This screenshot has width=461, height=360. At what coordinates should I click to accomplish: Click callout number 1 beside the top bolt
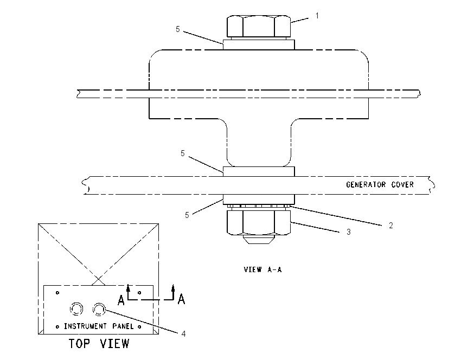click(317, 16)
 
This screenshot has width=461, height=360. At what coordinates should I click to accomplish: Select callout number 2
click(390, 226)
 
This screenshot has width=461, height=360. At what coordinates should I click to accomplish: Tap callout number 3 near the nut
click(349, 232)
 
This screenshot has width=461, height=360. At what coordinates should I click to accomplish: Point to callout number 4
click(183, 333)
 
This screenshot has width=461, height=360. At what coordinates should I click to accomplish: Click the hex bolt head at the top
click(259, 27)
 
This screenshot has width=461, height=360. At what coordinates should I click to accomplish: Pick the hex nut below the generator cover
click(259, 222)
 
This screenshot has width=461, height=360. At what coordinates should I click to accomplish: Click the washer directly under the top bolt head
click(259, 44)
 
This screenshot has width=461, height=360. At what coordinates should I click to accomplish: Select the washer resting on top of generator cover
click(259, 171)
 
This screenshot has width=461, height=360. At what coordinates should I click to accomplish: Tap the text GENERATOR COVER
click(380, 184)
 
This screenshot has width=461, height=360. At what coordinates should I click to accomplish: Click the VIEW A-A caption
click(262, 269)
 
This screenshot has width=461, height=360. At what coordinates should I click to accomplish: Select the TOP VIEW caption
click(99, 344)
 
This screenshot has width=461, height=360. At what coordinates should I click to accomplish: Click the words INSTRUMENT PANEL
click(99, 326)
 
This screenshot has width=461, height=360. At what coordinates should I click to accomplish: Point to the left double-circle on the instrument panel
click(76, 309)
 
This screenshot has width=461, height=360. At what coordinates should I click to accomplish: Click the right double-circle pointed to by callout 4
click(99, 309)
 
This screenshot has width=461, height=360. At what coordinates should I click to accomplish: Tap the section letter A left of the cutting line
click(121, 300)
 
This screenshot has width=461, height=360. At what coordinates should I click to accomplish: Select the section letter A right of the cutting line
click(181, 299)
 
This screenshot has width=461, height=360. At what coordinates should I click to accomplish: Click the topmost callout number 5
click(177, 29)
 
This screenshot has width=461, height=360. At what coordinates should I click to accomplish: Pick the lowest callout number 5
click(187, 215)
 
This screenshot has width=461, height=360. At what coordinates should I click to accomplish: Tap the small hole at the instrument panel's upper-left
click(57, 293)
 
